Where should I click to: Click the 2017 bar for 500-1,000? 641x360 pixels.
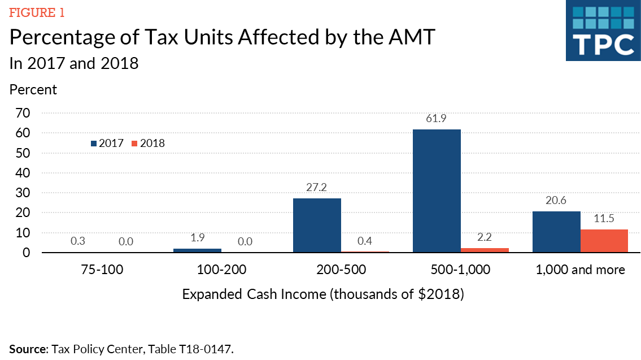[x=437, y=191]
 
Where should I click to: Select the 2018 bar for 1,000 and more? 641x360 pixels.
[x=604, y=241]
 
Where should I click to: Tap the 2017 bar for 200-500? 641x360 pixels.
[x=317, y=225]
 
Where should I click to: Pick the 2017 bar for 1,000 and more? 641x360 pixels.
[x=557, y=232]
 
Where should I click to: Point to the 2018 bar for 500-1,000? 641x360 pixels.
[x=485, y=250]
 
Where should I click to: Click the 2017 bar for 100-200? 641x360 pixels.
[x=197, y=250]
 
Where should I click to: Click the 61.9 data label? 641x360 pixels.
[x=437, y=119]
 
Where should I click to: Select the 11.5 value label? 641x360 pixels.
[x=604, y=218]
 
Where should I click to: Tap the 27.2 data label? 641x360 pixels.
[x=317, y=187]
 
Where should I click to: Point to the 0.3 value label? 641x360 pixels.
[x=78, y=241]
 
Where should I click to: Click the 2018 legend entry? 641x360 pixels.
[x=148, y=144]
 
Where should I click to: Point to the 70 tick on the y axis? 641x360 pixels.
[x=23, y=113]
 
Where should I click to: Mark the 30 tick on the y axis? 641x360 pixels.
[x=23, y=193]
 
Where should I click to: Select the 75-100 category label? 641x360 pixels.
[x=102, y=270]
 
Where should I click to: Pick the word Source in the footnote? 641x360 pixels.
[x=27, y=349]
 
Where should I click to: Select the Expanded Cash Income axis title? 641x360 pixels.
[x=322, y=294]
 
